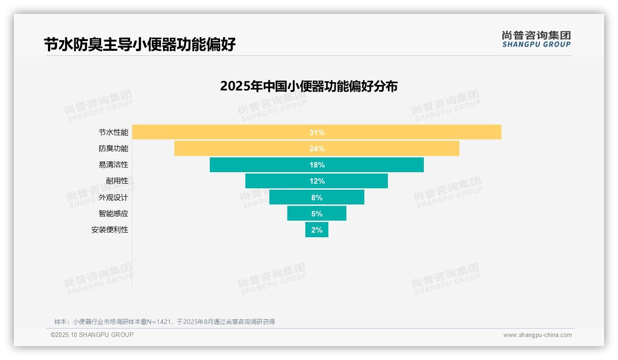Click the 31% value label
click(317, 132)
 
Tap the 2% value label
click(317, 230)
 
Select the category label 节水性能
click(113, 132)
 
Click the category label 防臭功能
click(113, 149)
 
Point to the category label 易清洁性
click(113, 165)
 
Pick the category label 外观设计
click(113, 198)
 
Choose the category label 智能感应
click(113, 214)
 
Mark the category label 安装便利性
click(110, 230)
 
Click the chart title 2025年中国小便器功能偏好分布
click(309, 86)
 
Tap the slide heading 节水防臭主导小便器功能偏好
click(140, 45)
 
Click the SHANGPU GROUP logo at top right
click(536, 39)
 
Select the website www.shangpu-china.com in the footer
click(537, 335)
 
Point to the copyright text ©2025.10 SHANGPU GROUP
click(92, 335)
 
